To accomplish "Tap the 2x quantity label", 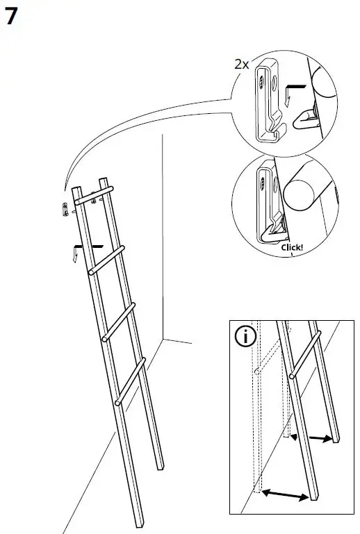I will (x=242, y=64).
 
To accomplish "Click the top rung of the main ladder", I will (x=93, y=193).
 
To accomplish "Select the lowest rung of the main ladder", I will (x=131, y=380).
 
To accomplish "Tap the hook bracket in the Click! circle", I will (x=268, y=205).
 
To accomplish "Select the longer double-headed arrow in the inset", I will (x=286, y=494).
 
